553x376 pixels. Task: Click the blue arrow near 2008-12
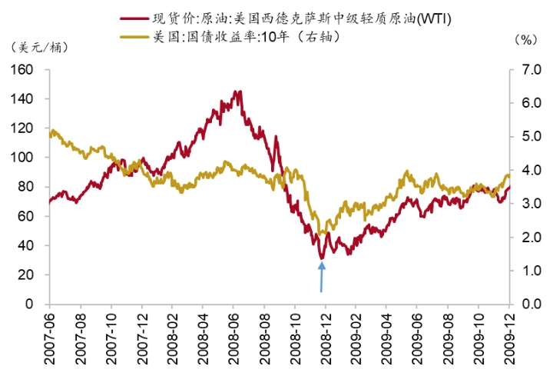[x=322, y=277]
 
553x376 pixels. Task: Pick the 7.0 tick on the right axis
[x=528, y=70]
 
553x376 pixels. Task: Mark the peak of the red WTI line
[x=239, y=92]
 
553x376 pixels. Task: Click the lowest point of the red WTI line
[x=321, y=258]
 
